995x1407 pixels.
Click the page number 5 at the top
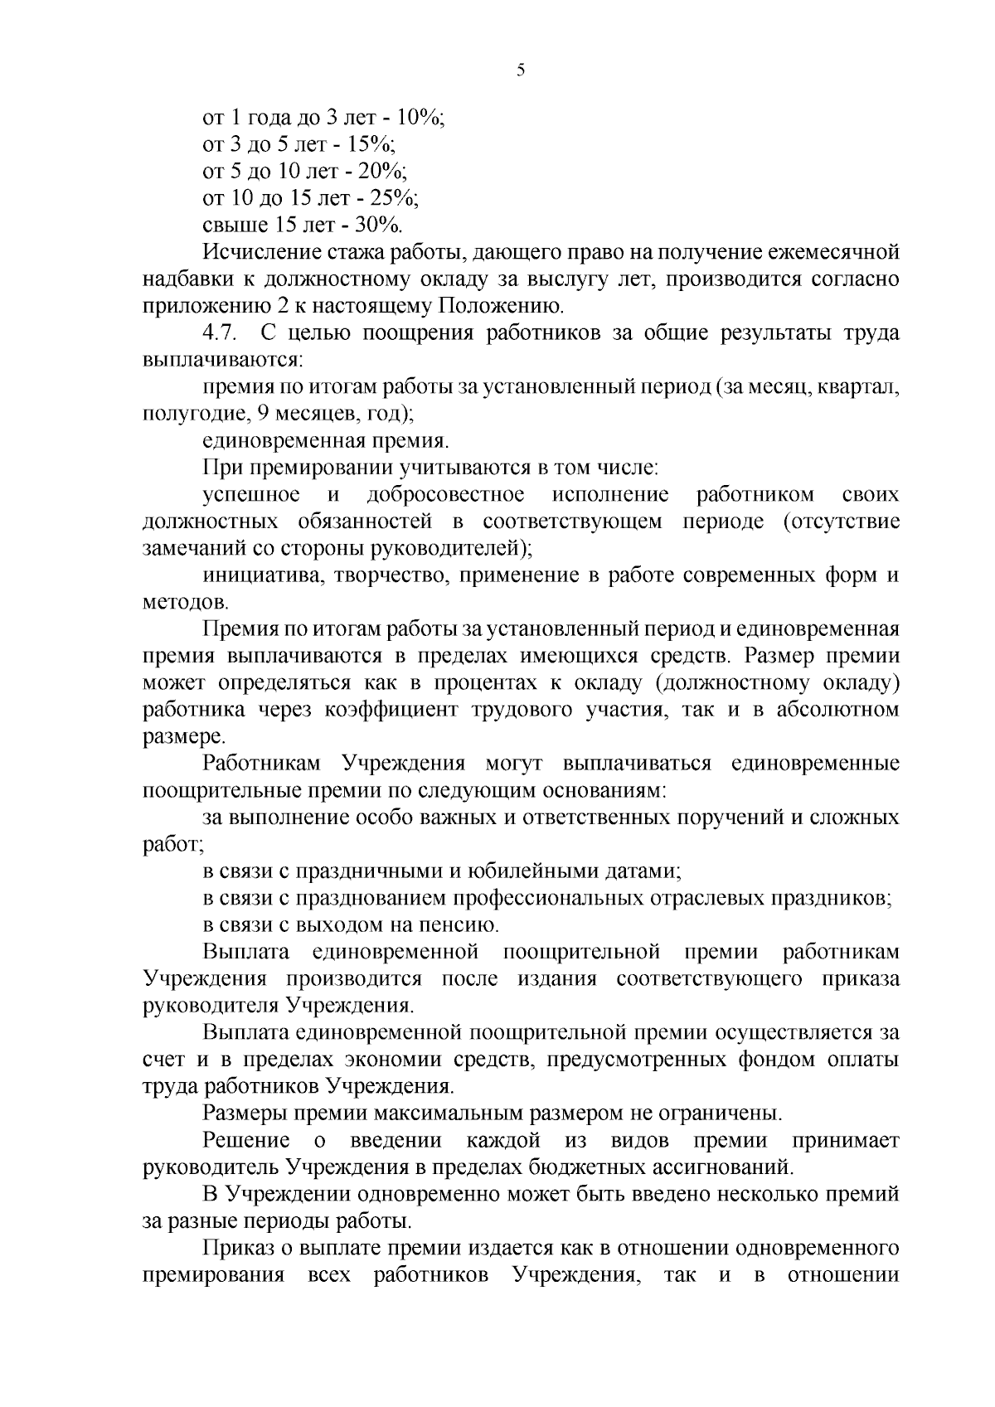point(521,70)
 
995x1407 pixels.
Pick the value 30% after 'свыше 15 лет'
point(378,225)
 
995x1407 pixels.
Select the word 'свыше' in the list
point(230,225)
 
